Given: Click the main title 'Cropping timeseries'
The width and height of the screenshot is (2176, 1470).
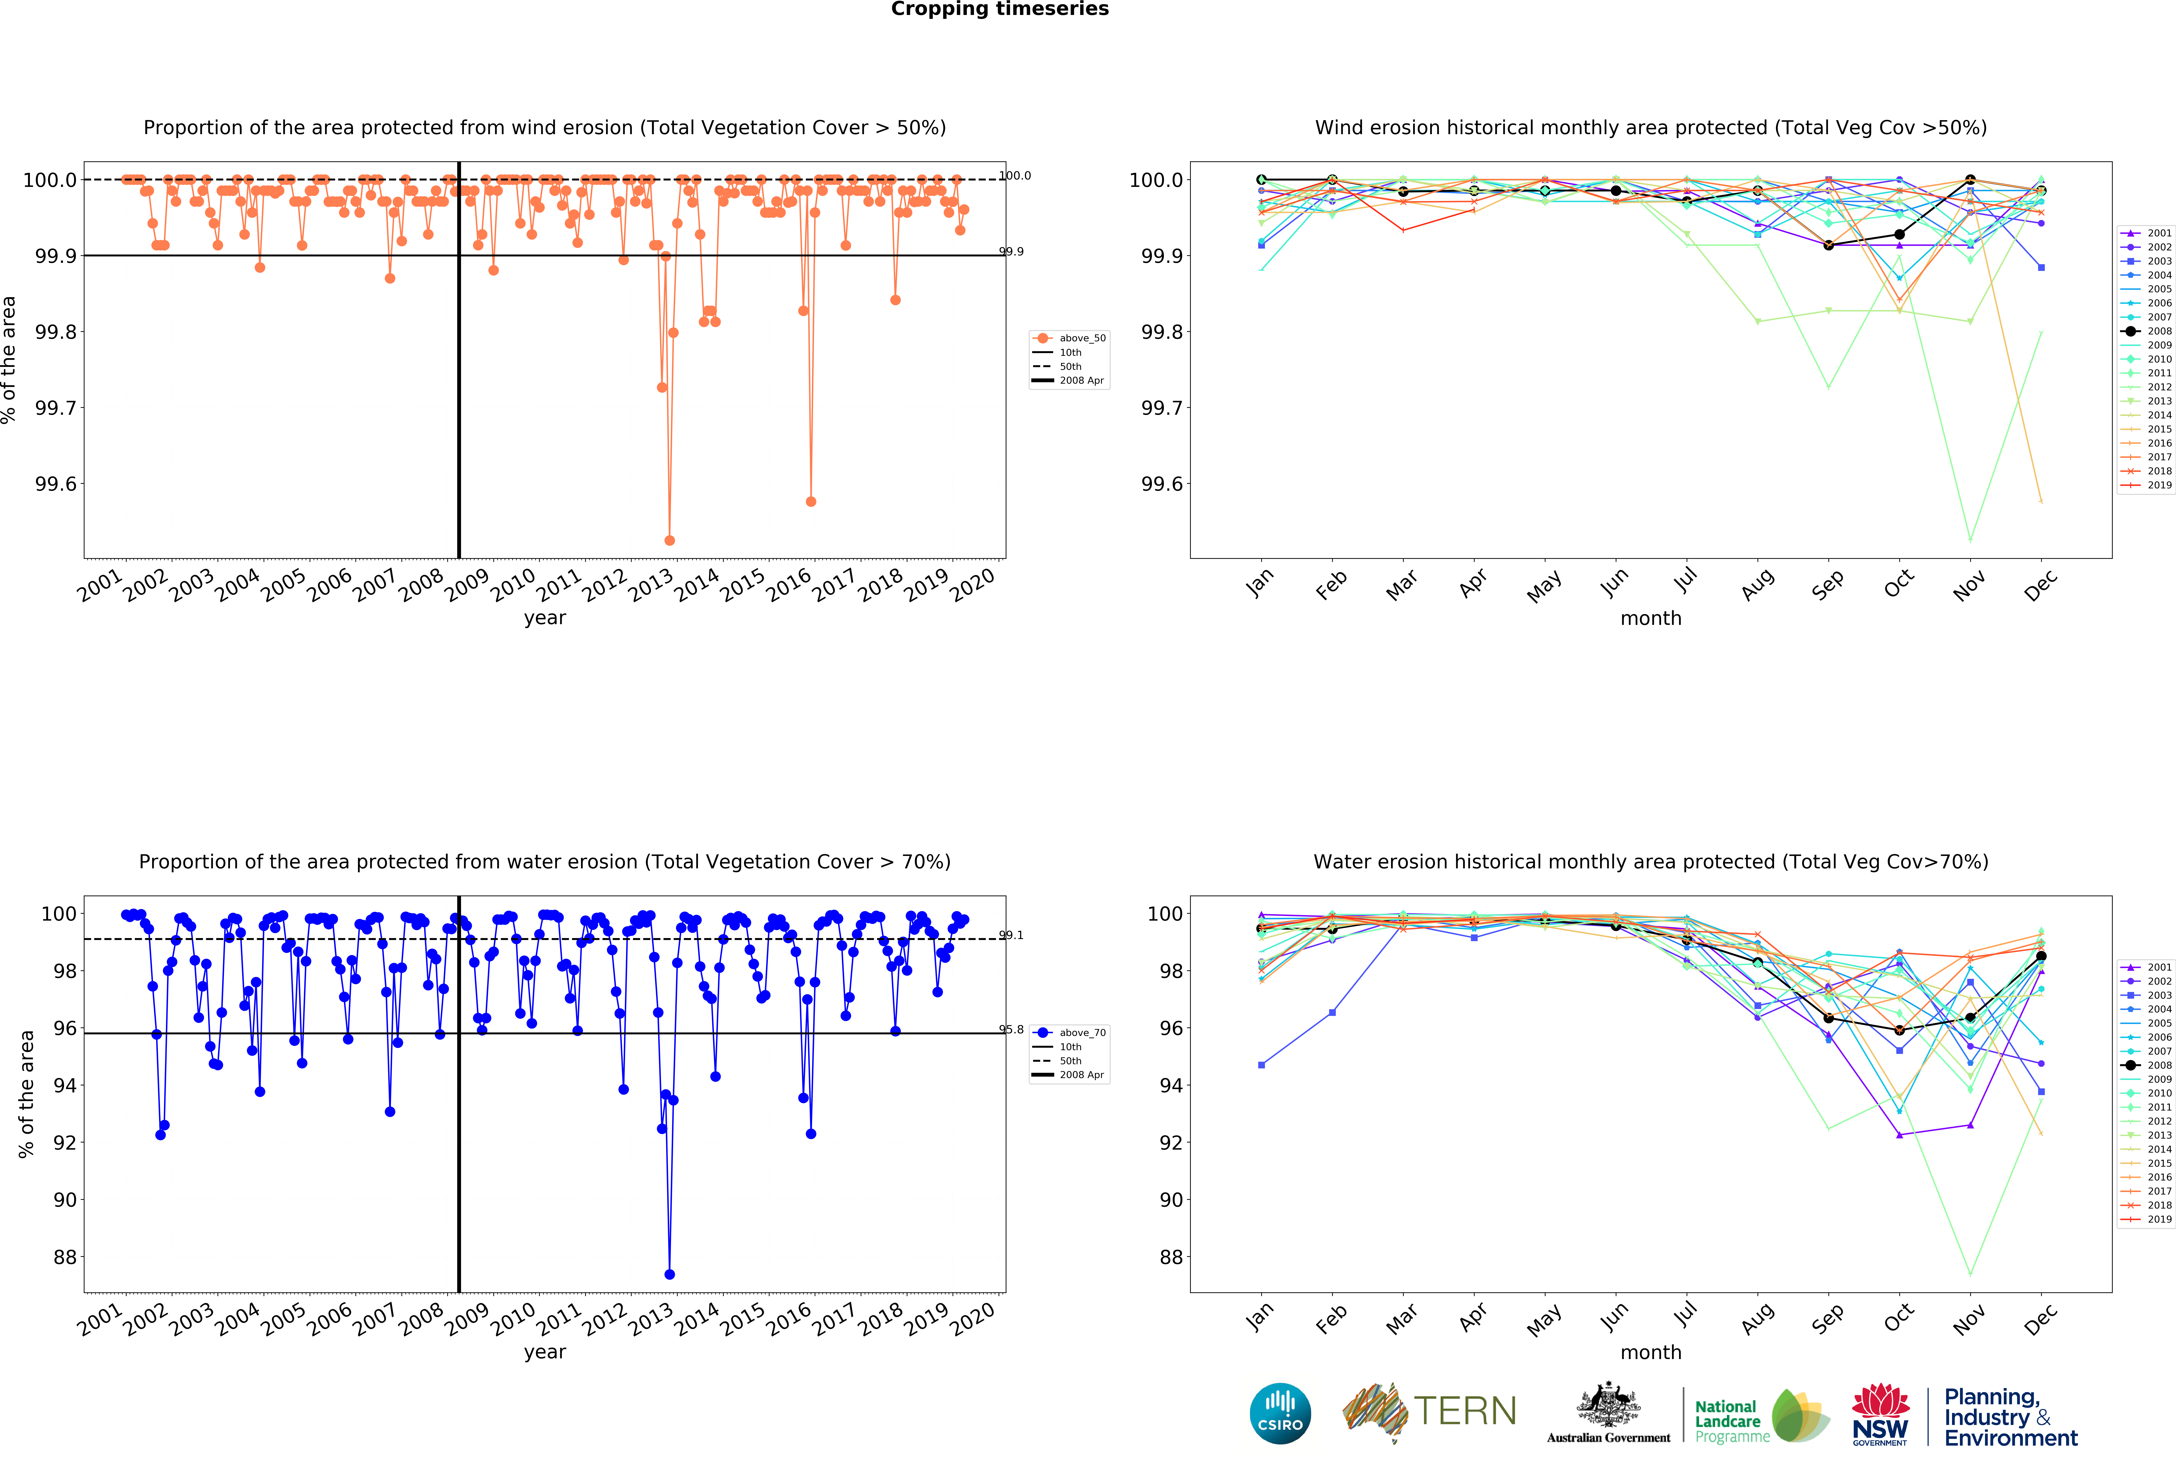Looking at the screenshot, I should tap(999, 9).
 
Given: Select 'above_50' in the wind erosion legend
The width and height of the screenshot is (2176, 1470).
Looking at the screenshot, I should tap(1081, 338).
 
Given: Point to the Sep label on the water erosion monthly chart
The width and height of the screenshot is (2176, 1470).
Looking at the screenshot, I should tap(1827, 1318).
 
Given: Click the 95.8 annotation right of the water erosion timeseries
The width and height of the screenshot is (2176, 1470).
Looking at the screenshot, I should tap(1011, 1029).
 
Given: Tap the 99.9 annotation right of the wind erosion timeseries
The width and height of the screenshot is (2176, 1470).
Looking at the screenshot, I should tap(1011, 251).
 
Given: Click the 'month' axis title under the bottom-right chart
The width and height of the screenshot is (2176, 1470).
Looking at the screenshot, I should tap(1651, 1352).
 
